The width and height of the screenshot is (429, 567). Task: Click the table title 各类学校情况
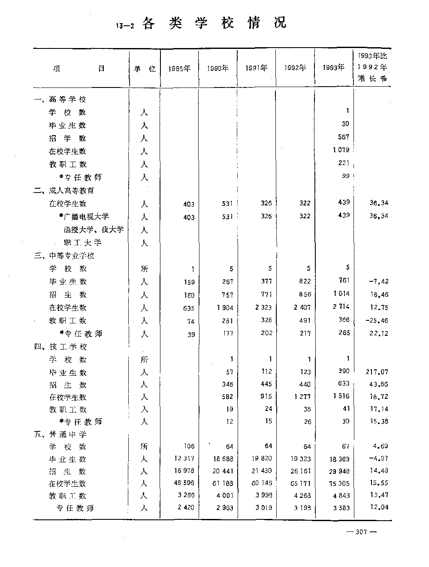(x=214, y=23)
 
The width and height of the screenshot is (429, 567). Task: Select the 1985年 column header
(x=179, y=69)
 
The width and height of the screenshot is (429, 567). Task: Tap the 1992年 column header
(x=295, y=68)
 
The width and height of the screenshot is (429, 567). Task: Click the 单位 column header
(x=145, y=69)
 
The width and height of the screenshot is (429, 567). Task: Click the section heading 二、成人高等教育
(x=64, y=190)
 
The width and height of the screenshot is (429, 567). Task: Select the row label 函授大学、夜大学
(x=94, y=229)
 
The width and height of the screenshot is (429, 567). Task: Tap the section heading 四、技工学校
(x=60, y=347)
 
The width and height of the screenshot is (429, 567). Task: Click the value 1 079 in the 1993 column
(x=341, y=150)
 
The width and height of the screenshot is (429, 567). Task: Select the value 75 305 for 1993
(x=339, y=483)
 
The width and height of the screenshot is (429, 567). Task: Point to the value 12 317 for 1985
(x=184, y=458)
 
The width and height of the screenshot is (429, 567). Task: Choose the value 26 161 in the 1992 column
(x=300, y=471)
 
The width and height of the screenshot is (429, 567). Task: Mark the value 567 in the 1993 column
(x=344, y=137)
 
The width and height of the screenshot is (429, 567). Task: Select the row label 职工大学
(x=83, y=243)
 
